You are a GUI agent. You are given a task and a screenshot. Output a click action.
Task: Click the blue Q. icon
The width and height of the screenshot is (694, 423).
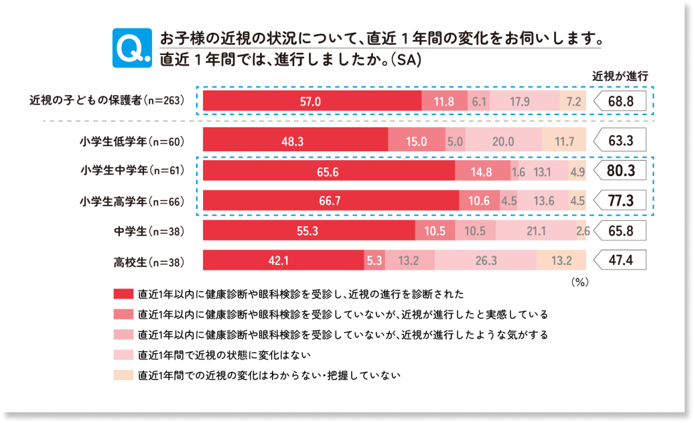pyautogui.click(x=132, y=48)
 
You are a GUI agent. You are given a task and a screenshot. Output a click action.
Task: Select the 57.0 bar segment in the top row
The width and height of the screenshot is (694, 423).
pyautogui.click(x=312, y=101)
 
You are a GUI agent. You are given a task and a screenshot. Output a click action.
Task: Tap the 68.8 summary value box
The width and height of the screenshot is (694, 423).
pyautogui.click(x=620, y=101)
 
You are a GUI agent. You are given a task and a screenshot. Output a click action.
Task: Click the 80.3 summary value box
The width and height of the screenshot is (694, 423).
pyautogui.click(x=620, y=171)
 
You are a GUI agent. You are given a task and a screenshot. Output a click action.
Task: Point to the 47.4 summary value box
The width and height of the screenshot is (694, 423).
pyautogui.click(x=620, y=260)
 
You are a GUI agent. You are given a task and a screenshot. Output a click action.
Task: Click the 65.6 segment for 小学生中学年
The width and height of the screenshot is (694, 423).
pyautogui.click(x=329, y=171)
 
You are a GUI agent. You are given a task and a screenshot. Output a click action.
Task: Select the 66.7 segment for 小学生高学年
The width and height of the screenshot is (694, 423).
pyautogui.click(x=331, y=200)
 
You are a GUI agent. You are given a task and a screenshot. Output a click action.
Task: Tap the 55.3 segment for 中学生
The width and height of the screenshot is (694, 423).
pyautogui.click(x=309, y=230)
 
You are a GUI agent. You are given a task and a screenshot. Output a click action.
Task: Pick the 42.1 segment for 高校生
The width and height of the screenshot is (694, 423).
pyautogui.click(x=284, y=260)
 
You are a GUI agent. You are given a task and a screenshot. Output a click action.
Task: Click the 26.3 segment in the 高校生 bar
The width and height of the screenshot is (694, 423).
pyautogui.click(x=486, y=260)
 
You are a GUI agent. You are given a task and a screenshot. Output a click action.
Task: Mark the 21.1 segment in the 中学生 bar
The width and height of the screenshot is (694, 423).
pyautogui.click(x=536, y=230)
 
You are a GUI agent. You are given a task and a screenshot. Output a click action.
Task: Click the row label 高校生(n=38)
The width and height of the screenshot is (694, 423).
pyautogui.click(x=149, y=262)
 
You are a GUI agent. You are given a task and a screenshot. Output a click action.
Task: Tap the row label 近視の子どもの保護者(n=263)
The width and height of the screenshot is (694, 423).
pyautogui.click(x=107, y=100)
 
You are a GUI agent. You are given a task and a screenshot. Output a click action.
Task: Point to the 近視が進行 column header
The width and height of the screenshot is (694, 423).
pyautogui.click(x=620, y=76)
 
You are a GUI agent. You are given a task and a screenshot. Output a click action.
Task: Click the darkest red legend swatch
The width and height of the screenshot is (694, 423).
pyautogui.click(x=123, y=294)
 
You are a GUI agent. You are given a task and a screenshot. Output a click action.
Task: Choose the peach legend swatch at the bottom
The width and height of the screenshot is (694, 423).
pyautogui.click(x=123, y=375)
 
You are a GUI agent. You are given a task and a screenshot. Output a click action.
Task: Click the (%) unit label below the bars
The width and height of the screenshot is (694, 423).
pyautogui.click(x=580, y=282)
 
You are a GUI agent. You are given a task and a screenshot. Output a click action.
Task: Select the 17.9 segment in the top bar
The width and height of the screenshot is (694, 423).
pyautogui.click(x=525, y=101)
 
